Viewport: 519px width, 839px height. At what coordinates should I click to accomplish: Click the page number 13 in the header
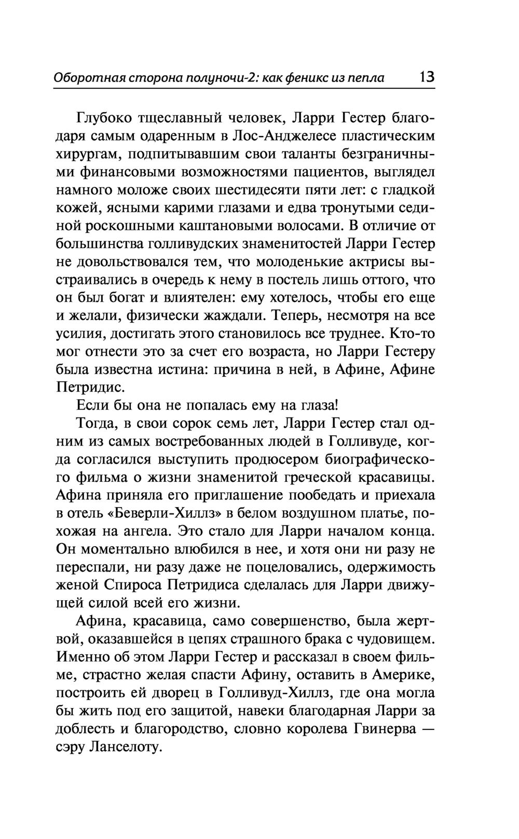pyautogui.click(x=427, y=77)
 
